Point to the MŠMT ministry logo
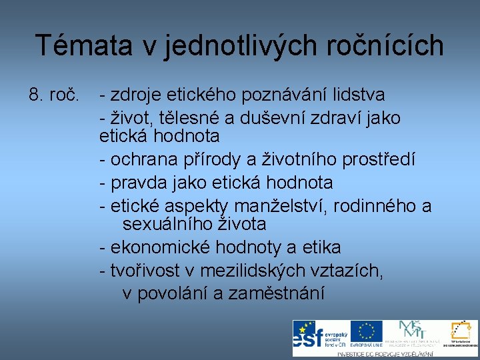[413, 333]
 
